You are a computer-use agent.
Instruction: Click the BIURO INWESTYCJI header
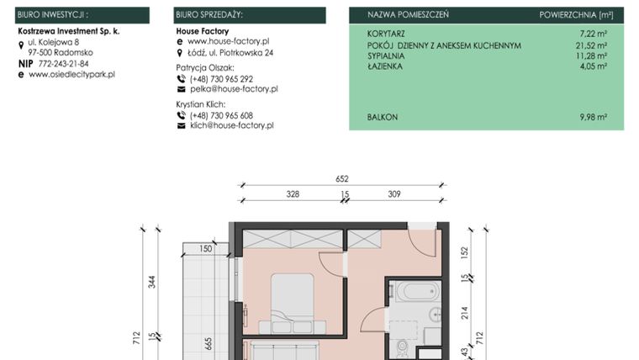pyautogui.click(x=52, y=15)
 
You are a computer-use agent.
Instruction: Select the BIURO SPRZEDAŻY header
pyautogui.click(x=209, y=15)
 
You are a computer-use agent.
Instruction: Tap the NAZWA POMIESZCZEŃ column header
pyautogui.click(x=408, y=15)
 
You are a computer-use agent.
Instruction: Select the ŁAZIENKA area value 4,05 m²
pyautogui.click(x=594, y=66)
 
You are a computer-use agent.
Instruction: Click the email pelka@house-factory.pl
pyautogui.click(x=234, y=88)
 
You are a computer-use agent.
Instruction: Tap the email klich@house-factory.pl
pyautogui.click(x=232, y=125)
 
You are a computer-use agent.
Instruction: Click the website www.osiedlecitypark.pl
pyautogui.click(x=71, y=74)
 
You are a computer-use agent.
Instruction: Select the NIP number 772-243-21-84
pyautogui.click(x=63, y=63)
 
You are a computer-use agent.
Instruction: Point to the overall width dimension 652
pyautogui.click(x=341, y=179)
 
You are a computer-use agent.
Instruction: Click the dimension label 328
pyautogui.click(x=292, y=194)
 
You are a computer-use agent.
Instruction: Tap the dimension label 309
pyautogui.click(x=393, y=194)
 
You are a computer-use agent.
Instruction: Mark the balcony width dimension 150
pyautogui.click(x=206, y=249)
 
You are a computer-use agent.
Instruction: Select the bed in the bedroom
pyautogui.click(x=292, y=299)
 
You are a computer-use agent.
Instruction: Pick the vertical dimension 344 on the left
pyautogui.click(x=152, y=281)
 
